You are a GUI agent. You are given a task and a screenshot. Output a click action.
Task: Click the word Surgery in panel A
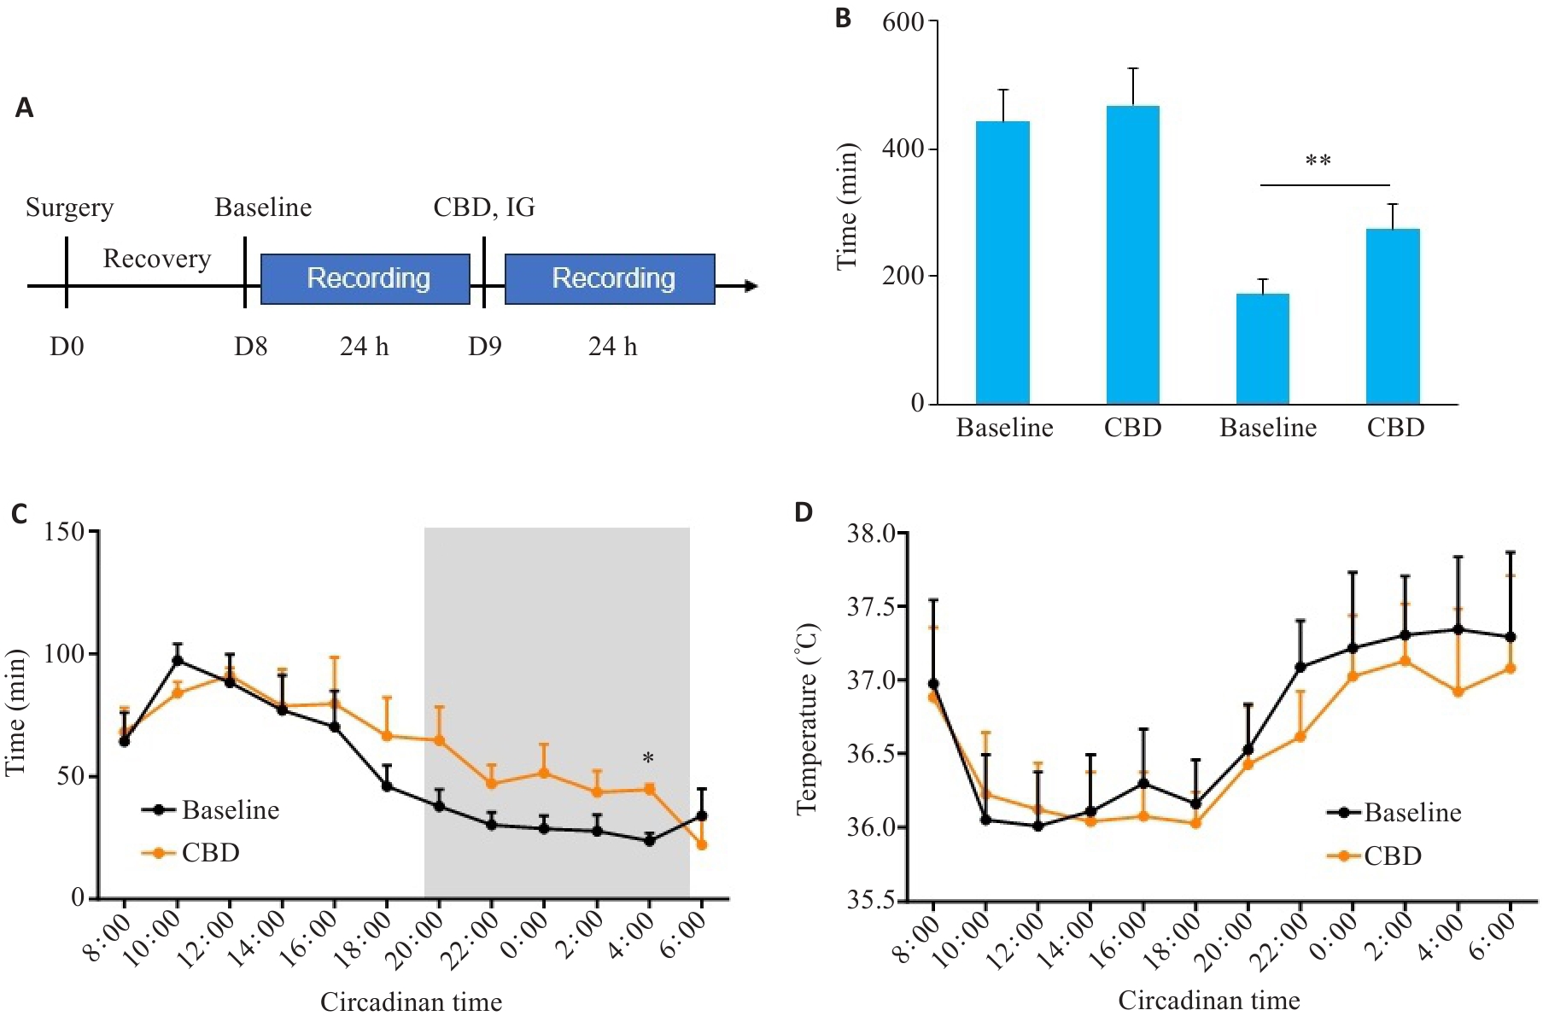click(x=69, y=207)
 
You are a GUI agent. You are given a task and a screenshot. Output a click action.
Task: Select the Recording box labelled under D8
click(x=365, y=278)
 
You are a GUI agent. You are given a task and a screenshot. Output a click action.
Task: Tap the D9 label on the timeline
click(x=484, y=347)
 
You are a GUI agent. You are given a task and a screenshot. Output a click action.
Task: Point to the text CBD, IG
click(x=484, y=207)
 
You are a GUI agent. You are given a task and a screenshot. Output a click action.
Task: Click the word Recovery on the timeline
click(x=157, y=259)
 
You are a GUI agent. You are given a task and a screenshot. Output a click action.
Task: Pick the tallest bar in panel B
click(x=1133, y=254)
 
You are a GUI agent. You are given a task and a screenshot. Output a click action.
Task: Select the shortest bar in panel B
click(x=1263, y=348)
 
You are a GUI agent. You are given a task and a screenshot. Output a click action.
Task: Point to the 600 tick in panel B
click(x=903, y=21)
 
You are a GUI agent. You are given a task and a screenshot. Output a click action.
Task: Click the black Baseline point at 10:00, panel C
click(x=178, y=660)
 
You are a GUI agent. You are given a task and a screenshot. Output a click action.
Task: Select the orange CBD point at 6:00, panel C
click(x=702, y=844)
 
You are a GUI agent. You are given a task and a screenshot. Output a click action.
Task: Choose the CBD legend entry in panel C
click(x=210, y=853)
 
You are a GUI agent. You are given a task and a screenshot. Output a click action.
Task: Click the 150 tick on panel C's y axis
click(x=64, y=532)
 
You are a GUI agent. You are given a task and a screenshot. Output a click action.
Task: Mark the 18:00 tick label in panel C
click(x=373, y=941)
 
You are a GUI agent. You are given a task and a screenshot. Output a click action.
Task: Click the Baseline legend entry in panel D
click(x=1412, y=813)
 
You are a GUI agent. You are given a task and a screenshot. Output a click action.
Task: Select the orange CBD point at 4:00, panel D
click(x=1458, y=692)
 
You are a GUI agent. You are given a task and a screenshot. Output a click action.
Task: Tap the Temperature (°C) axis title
click(x=808, y=719)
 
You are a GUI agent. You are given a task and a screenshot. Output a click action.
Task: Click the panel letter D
click(x=804, y=512)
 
